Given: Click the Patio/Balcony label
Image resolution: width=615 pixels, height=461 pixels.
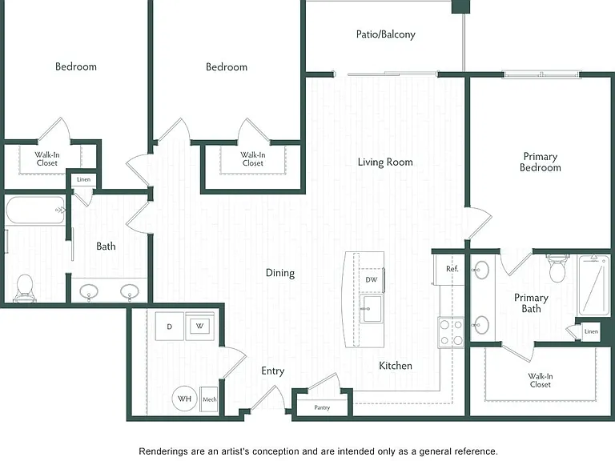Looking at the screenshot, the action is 385,34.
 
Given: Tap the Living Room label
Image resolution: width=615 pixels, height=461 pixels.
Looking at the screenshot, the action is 385,162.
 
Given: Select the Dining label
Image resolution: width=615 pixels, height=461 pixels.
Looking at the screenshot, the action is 280,273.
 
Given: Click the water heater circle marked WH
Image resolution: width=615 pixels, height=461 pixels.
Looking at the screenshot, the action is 184,399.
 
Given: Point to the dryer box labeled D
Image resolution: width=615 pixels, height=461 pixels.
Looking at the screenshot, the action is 170,327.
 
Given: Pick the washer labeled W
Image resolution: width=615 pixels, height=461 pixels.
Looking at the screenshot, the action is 200,327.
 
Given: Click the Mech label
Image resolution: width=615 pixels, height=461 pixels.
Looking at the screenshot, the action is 210,399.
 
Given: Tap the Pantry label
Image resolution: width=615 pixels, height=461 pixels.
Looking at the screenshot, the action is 322,407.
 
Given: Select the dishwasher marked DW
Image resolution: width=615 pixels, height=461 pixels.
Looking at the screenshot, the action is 372,280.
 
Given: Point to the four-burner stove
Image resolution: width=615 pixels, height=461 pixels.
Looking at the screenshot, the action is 451,332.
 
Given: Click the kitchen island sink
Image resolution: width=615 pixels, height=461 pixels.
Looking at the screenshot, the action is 371,309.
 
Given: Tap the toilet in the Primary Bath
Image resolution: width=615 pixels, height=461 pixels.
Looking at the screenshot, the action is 557,269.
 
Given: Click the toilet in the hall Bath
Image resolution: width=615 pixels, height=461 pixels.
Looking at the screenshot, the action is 25,288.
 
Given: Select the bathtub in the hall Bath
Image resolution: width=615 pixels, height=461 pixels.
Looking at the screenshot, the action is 35,210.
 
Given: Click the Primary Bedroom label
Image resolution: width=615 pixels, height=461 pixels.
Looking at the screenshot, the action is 540,162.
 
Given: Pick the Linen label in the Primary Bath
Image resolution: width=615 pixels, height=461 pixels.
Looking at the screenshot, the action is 591,331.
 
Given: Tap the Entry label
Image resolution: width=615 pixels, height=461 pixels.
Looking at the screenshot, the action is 273,371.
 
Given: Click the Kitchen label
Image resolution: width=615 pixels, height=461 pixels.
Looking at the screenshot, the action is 396,366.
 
